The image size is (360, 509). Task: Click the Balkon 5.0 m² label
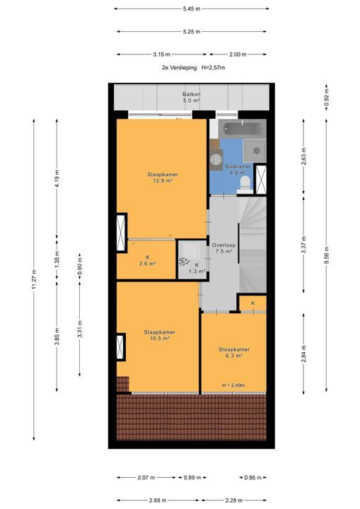(191, 98)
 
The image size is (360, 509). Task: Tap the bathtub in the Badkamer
(243, 129)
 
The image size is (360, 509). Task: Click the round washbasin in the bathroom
(215, 159)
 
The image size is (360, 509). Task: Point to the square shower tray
(255, 151)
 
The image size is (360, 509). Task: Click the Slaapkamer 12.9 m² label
(163, 177)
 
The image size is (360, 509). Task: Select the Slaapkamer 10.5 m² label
(159, 335)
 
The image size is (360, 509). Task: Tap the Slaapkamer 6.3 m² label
(234, 353)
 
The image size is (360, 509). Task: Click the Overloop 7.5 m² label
(223, 248)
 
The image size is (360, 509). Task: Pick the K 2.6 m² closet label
(148, 261)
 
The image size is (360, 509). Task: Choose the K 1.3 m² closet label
(197, 268)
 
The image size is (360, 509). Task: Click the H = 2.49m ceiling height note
(233, 385)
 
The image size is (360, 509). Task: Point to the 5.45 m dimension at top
(192, 8)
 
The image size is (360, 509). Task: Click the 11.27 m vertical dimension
(34, 279)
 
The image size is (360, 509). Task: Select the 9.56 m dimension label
(327, 255)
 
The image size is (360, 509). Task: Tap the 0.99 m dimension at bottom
(192, 477)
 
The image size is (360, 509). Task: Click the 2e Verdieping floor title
(180, 68)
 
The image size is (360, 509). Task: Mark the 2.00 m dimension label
(238, 54)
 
